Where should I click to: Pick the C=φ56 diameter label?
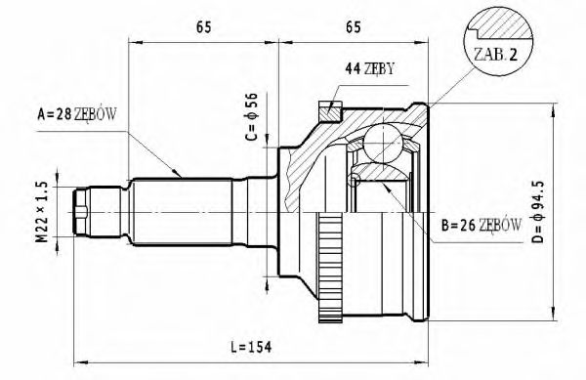click(x=251, y=116)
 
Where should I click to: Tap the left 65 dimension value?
click(x=204, y=27)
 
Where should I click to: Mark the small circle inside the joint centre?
click(x=356, y=178)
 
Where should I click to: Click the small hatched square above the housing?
click(x=331, y=109)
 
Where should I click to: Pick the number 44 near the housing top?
click(x=352, y=68)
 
